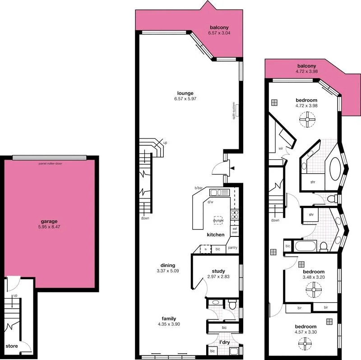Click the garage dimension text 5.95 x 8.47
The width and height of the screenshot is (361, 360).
tap(50, 228)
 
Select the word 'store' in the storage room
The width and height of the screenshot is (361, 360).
tap(12, 346)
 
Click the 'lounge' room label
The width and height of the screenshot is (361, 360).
tap(185, 93)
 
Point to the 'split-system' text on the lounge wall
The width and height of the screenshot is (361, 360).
tap(234, 110)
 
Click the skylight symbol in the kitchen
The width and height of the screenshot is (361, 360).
tap(218, 220)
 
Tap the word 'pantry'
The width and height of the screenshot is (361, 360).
tap(232, 248)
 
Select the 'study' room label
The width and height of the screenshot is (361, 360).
tap(218, 271)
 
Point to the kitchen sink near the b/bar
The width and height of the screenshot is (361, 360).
tap(217, 193)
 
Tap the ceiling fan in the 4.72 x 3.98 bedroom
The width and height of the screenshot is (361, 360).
tap(306, 120)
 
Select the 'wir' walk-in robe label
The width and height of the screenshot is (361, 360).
tap(281, 148)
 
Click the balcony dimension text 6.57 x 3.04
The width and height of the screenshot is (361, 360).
tap(219, 33)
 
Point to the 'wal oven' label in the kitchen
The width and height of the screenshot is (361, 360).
tap(235, 231)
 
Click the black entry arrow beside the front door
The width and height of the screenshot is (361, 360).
tap(232, 168)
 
